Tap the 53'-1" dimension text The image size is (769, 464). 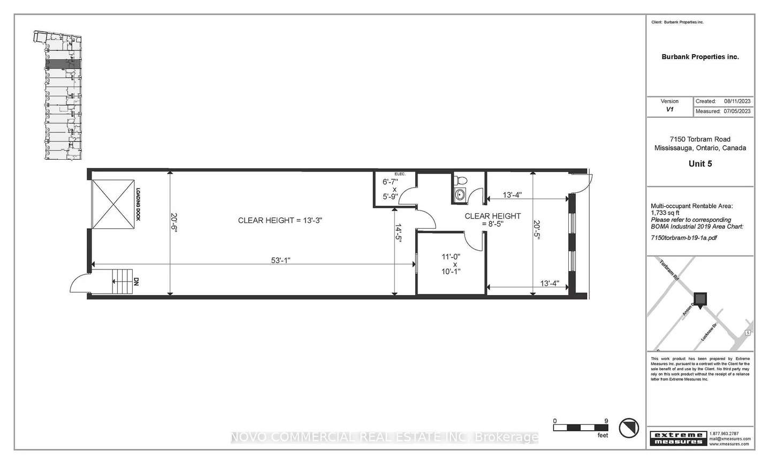tap(280, 260)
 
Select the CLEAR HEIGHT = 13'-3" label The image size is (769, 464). tap(280, 220)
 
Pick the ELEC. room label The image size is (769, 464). tap(400, 174)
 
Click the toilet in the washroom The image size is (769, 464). tap(460, 179)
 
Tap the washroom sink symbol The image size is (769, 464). tap(459, 194)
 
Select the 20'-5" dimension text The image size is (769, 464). tap(537, 230)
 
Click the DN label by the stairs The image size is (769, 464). tap(136, 281)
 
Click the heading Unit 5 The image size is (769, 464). tap(700, 164)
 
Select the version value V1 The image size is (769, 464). tap(669, 109)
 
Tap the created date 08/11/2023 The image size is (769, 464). tap(737, 101)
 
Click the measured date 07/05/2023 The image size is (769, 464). tap(737, 111)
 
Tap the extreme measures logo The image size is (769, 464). tap(678, 438)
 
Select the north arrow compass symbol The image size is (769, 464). tap(629, 428)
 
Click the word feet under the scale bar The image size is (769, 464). tap(603, 436)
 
